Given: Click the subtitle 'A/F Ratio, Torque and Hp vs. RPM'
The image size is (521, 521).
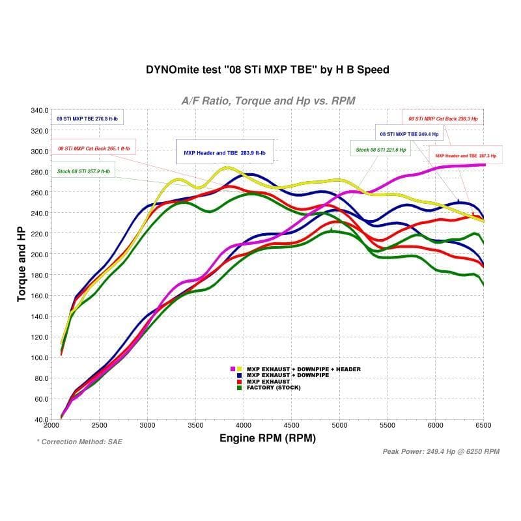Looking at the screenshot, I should (x=268, y=100).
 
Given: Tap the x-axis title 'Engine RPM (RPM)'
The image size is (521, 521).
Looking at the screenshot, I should (x=268, y=438).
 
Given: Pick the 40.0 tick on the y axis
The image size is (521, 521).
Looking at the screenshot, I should (x=40, y=419).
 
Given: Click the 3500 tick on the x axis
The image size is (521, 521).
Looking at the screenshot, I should (x=195, y=425).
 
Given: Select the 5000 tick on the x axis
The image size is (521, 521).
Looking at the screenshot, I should (x=339, y=425).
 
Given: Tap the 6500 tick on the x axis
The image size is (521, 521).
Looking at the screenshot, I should (x=483, y=425).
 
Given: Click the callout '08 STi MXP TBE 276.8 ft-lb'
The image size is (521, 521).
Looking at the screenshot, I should (x=89, y=119).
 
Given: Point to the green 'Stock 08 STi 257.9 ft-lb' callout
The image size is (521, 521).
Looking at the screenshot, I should (x=84, y=172).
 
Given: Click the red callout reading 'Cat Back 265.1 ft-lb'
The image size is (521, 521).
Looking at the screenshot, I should (x=94, y=148).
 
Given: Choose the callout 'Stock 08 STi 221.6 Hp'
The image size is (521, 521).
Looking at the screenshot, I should (x=381, y=150).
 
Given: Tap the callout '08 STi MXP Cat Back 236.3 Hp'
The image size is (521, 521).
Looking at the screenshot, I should (x=443, y=119).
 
